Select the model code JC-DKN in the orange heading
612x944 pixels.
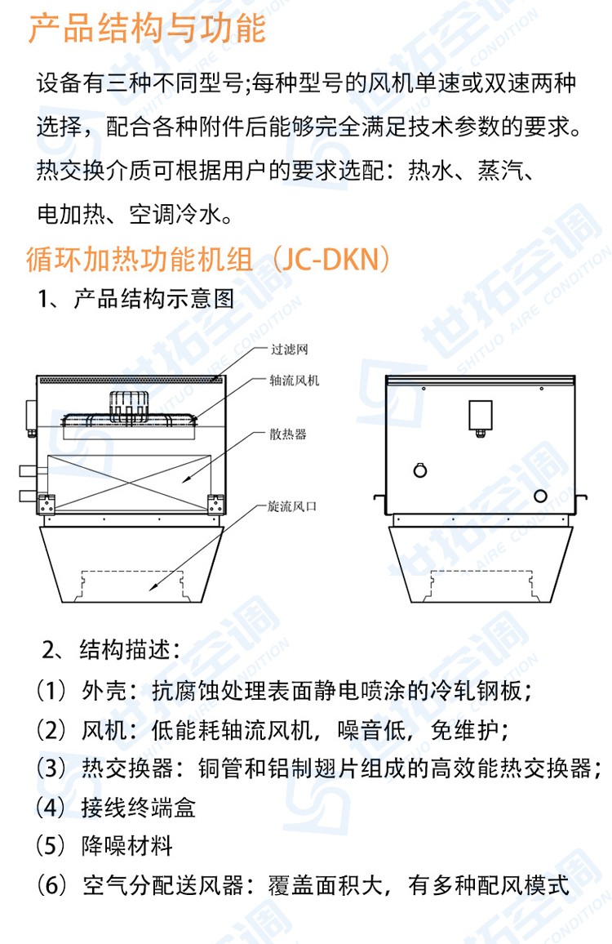point(330,260)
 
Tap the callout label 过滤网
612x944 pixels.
point(290,350)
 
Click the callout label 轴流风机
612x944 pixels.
point(295,380)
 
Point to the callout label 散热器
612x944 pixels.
point(288,434)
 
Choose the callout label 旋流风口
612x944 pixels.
point(292,506)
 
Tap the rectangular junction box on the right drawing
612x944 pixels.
point(480,415)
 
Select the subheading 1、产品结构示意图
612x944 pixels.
point(135,299)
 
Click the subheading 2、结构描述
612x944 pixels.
point(111,650)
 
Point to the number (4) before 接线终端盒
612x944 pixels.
point(51,808)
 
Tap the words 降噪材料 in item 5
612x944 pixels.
point(127,846)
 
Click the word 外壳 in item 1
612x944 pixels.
point(104,691)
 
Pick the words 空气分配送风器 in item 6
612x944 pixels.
point(163,885)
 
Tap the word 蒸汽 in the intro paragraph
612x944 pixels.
point(501,171)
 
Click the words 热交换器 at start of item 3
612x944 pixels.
point(127,768)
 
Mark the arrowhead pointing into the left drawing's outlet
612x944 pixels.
point(153,585)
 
